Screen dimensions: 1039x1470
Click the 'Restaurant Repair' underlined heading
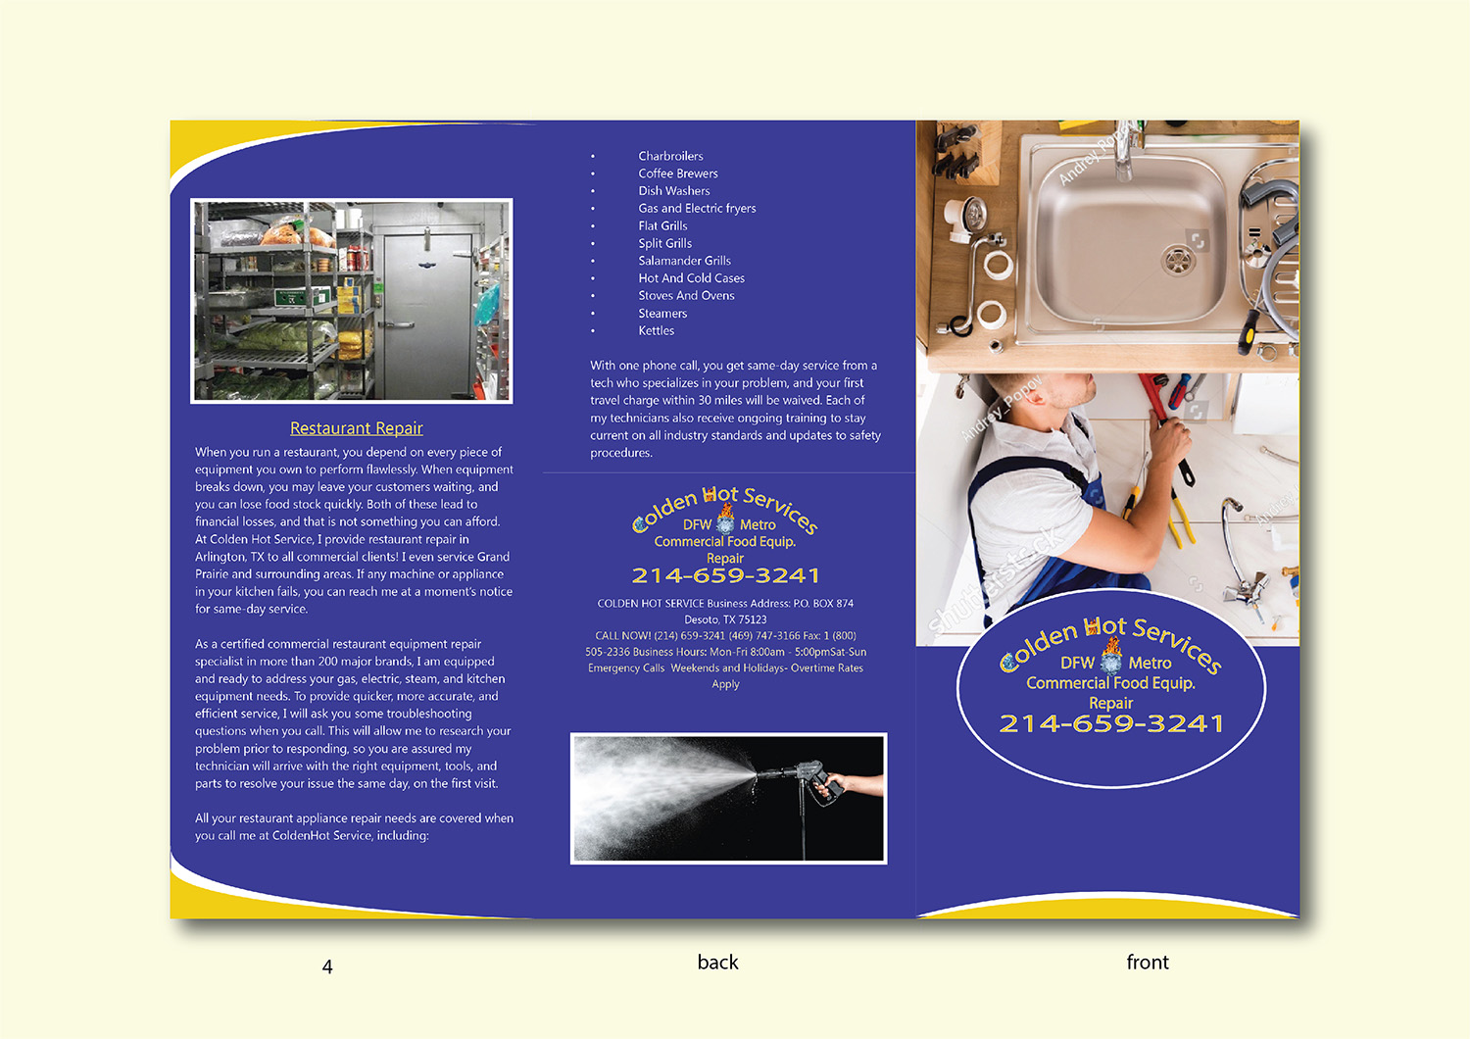[356, 428]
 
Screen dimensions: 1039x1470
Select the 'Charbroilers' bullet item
[670, 156]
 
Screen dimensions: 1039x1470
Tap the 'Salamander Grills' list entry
[684, 261]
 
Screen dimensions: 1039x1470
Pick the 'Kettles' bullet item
[656, 330]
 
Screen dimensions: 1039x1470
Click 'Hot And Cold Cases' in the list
[691, 278]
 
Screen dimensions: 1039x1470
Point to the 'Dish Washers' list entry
[673, 191]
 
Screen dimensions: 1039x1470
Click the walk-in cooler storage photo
[352, 301]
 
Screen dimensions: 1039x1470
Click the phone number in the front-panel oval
[1111, 724]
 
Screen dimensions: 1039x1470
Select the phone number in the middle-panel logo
[725, 575]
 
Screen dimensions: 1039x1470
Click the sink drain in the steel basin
[1176, 259]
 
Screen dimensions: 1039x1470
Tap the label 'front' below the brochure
[1147, 963]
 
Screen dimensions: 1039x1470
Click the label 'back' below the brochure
[717, 963]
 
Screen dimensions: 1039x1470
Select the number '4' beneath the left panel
[327, 966]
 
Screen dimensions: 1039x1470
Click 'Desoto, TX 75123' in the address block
[725, 619]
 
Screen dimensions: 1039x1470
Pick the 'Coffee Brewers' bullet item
[677, 173]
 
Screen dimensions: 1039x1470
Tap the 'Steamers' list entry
[662, 314]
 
